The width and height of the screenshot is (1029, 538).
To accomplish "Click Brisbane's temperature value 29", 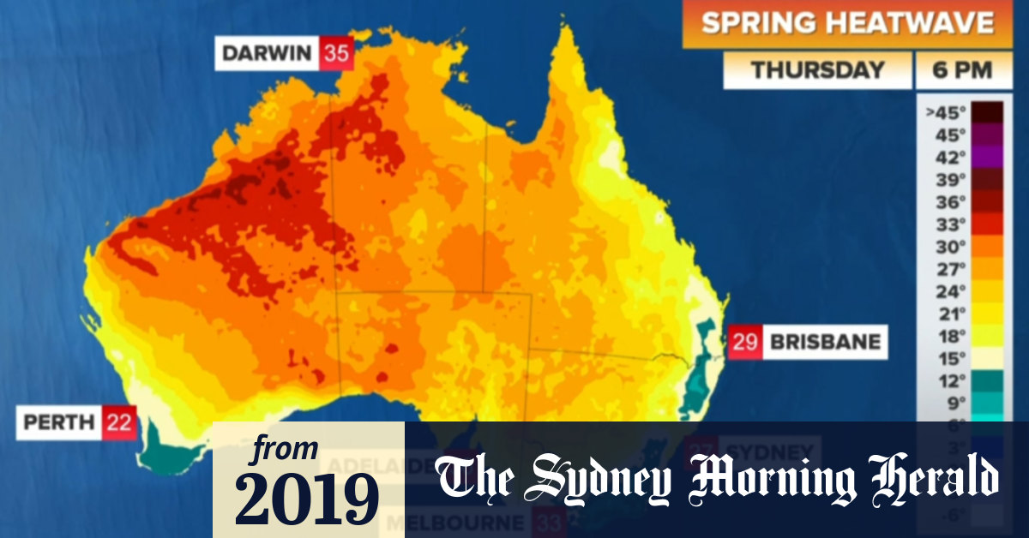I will click(744, 342).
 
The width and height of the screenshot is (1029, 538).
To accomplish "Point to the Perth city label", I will click(58, 423).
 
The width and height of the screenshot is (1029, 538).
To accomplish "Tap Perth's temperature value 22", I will click(119, 423).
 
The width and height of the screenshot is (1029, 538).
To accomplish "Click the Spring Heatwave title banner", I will click(847, 23).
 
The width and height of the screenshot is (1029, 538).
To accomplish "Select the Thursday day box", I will click(816, 70).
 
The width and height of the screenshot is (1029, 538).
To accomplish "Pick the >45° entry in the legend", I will click(942, 111).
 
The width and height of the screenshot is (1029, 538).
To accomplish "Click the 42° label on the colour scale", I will click(944, 157).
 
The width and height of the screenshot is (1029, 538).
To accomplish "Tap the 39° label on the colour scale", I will click(944, 179).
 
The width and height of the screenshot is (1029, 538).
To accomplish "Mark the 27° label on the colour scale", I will click(944, 268).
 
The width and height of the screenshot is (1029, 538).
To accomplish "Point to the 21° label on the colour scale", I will click(944, 313).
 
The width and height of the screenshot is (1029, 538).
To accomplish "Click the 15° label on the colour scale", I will click(944, 357).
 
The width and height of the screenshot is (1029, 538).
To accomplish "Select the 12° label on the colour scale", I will click(944, 380).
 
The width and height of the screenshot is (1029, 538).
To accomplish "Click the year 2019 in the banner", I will click(307, 496).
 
